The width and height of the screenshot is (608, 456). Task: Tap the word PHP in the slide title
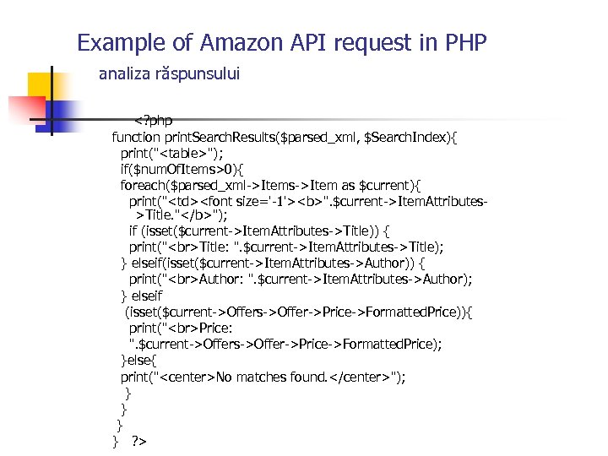coord(462,42)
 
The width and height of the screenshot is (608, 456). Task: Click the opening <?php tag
coord(153,121)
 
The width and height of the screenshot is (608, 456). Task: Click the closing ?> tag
coord(139,441)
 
